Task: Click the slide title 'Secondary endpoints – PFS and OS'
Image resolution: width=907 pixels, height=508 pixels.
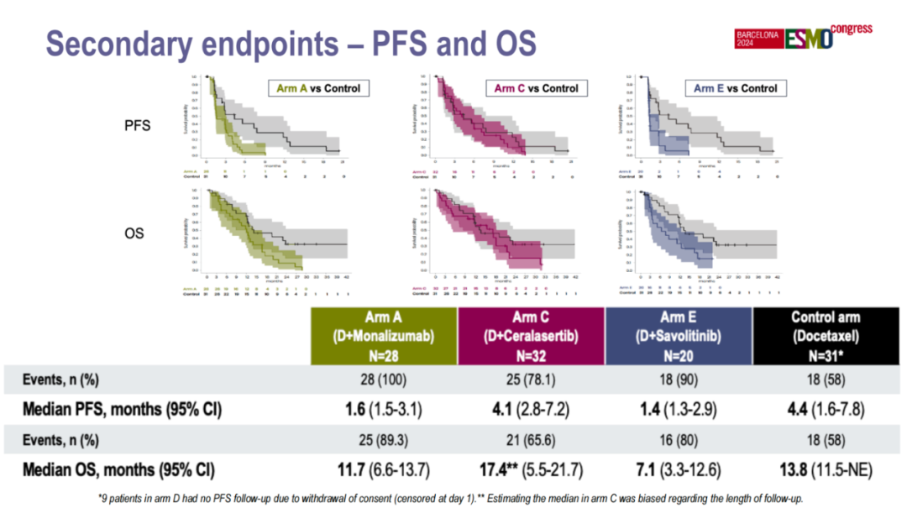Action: (290, 43)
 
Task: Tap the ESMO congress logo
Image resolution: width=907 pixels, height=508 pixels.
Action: (802, 37)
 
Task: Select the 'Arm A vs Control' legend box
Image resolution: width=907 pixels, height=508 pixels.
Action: (318, 88)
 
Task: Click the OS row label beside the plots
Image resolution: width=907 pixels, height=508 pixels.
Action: (134, 233)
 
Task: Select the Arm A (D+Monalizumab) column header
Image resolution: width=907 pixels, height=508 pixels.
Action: (383, 336)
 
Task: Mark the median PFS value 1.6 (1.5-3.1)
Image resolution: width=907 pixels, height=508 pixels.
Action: (383, 411)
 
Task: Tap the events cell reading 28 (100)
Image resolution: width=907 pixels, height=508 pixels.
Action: (383, 380)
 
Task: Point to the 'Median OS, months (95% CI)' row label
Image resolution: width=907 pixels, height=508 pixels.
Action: (118, 469)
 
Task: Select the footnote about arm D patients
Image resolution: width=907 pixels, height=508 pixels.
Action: (453, 497)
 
